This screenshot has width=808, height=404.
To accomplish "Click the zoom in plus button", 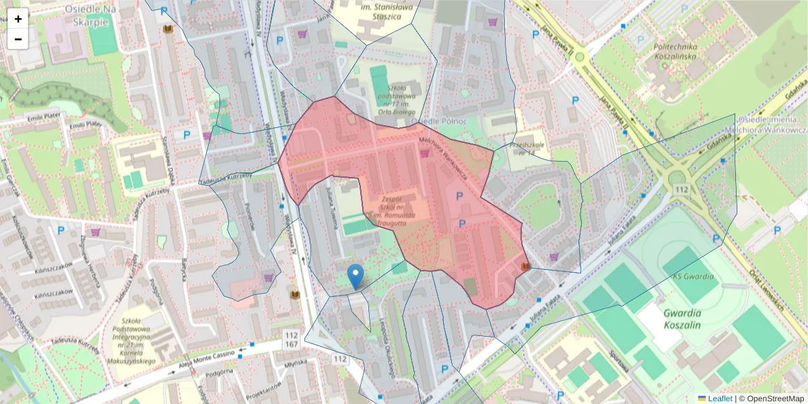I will click(18, 19).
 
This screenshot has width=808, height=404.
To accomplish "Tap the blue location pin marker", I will click(356, 277).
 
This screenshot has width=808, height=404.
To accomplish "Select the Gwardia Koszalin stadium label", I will click(682, 318).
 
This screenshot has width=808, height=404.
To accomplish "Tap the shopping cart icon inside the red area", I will click(425, 153).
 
